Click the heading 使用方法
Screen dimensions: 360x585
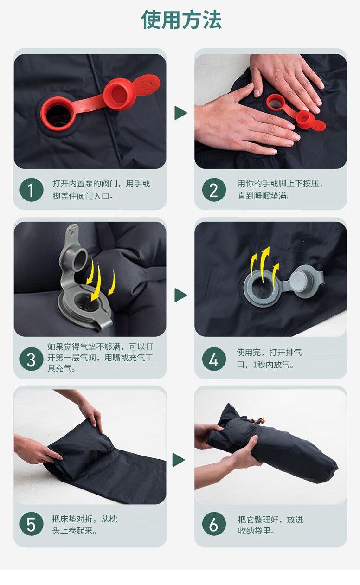click(x=181, y=20)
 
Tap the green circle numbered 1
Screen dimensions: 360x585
click(x=32, y=190)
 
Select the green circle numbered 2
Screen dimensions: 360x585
click(x=214, y=190)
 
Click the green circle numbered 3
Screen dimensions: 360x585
click(x=32, y=359)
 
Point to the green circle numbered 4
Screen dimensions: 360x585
click(x=214, y=359)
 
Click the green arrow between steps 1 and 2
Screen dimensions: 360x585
click(x=180, y=113)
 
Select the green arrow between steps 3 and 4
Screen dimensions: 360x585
click(x=180, y=295)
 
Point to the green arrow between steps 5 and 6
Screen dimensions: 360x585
click(x=179, y=460)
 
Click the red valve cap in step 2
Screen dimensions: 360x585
click(x=305, y=119)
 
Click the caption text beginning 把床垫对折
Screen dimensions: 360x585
click(x=84, y=525)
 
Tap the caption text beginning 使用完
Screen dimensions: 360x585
click(x=269, y=358)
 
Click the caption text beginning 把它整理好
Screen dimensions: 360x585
click(x=270, y=525)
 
